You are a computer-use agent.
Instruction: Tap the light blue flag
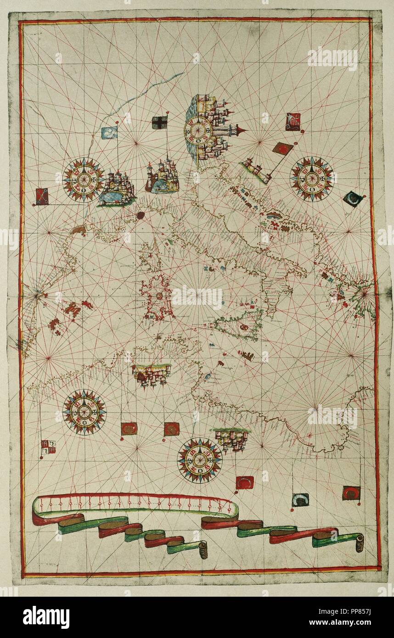[x=109, y=133]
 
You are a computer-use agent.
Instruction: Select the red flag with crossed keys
[x=41, y=196]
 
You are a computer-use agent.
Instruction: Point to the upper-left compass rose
[x=84, y=179]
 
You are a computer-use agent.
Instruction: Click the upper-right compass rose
[x=312, y=179]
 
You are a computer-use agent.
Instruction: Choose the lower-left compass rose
[x=84, y=411]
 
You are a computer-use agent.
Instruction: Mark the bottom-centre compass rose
[x=200, y=460]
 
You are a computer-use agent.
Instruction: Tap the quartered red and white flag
[x=48, y=447]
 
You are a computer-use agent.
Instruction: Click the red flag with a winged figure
[x=293, y=122]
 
